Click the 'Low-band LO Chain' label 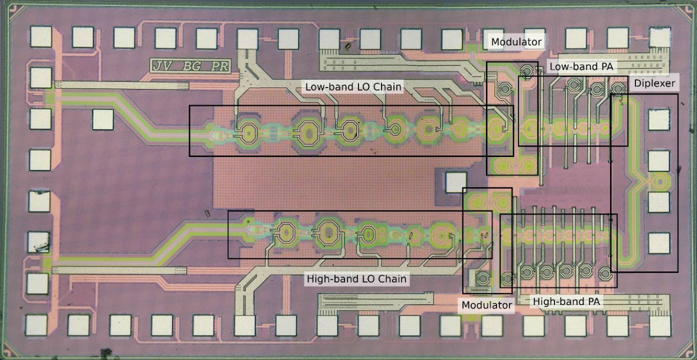(353, 86)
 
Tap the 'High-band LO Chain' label (356, 278)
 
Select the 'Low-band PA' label (581, 66)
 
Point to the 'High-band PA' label (566, 301)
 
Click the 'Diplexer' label (654, 83)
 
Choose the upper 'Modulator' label (516, 42)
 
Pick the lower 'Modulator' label (487, 305)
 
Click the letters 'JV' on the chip (162, 66)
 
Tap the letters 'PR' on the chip (219, 66)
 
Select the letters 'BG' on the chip (191, 66)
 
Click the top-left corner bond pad (41, 36)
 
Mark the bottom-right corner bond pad (658, 325)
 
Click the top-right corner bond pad (659, 37)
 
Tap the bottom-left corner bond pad (36, 325)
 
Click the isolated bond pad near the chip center (455, 182)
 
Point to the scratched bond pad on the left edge (38, 241)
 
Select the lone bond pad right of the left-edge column (103, 119)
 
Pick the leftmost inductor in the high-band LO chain (285, 233)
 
